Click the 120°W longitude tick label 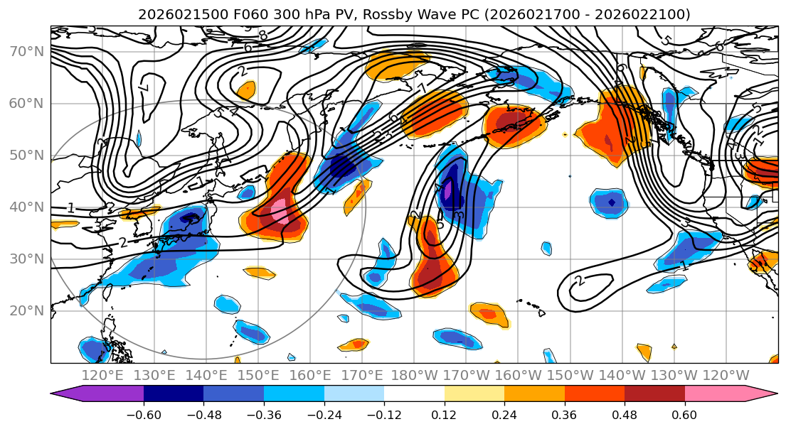click(x=726, y=375)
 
